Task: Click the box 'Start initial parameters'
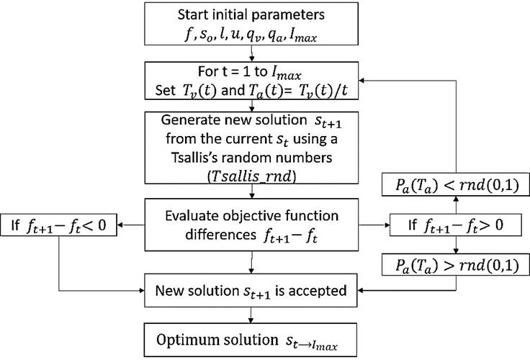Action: [250, 24]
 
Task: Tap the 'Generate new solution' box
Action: [250, 145]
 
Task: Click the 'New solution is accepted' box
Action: [250, 292]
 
